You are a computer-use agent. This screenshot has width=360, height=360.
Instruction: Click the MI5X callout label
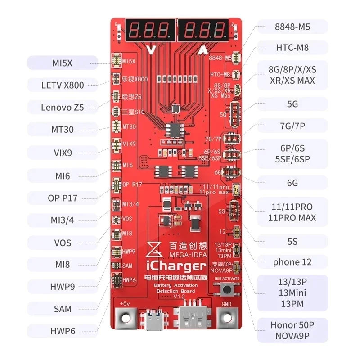coord(63,63)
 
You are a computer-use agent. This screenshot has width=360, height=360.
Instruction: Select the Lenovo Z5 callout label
coord(63,107)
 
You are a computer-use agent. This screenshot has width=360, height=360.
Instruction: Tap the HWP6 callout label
coord(63,331)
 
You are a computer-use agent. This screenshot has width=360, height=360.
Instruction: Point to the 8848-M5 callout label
coord(292,27)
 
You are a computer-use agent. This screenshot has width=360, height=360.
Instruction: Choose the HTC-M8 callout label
coord(292,47)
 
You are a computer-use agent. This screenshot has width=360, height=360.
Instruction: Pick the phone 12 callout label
coord(292,262)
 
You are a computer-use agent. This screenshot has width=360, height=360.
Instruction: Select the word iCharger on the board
coord(180,265)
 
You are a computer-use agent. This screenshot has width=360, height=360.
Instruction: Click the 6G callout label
coord(292,183)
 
